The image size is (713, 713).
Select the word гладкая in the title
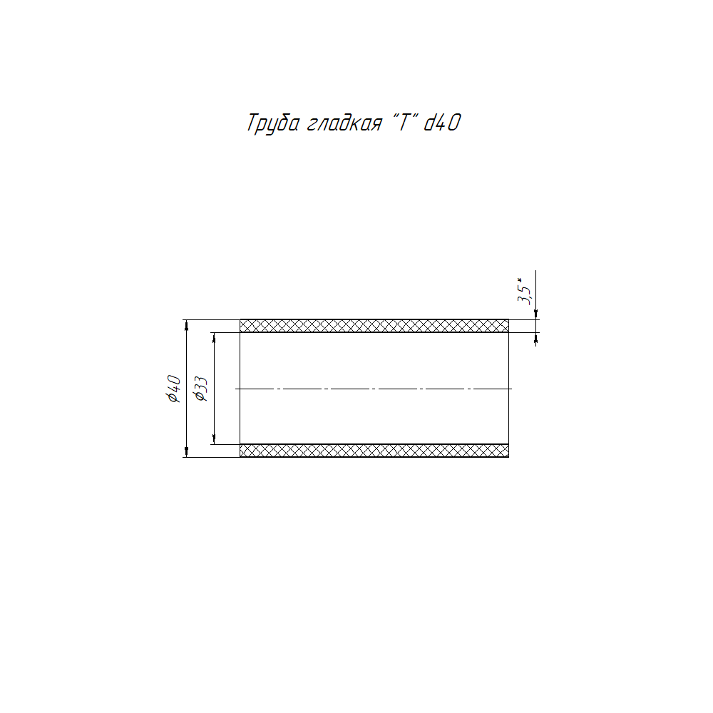pos(344,123)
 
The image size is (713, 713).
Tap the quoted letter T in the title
pos(404,122)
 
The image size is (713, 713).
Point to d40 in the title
pos(443,123)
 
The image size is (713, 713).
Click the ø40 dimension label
pos(175,389)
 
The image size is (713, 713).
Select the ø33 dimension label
pos(201,389)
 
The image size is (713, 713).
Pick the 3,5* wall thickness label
pos(524,291)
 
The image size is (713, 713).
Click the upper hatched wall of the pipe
pos(374,326)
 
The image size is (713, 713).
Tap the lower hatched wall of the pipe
pos(374,451)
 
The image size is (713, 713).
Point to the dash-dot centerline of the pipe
pos(374,389)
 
